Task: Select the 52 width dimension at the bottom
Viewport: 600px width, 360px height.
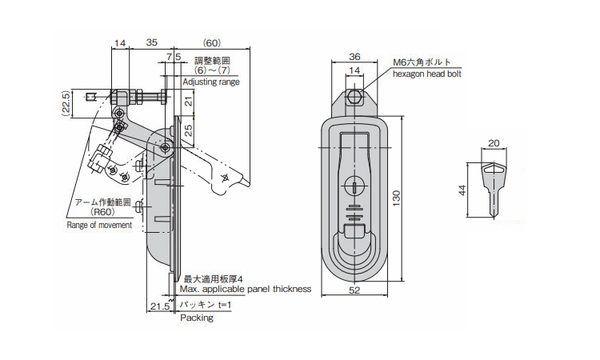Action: click(x=354, y=291)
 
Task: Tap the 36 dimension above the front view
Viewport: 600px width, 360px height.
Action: click(x=354, y=57)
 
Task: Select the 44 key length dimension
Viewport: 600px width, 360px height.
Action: click(x=462, y=190)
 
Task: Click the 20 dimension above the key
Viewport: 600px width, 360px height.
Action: click(x=493, y=143)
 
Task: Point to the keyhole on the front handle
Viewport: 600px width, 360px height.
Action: click(x=354, y=186)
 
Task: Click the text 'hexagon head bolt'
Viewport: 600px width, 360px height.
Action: click(x=426, y=73)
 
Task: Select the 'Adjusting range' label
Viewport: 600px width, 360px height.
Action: click(x=210, y=82)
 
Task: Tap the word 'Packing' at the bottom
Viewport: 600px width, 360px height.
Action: click(x=196, y=318)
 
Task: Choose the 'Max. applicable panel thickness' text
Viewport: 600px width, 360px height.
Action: click(x=244, y=289)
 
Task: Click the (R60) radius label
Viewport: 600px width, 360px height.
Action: click(x=103, y=212)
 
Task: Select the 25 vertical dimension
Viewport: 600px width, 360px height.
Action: click(x=189, y=130)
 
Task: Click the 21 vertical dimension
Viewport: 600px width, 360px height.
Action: click(x=189, y=100)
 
